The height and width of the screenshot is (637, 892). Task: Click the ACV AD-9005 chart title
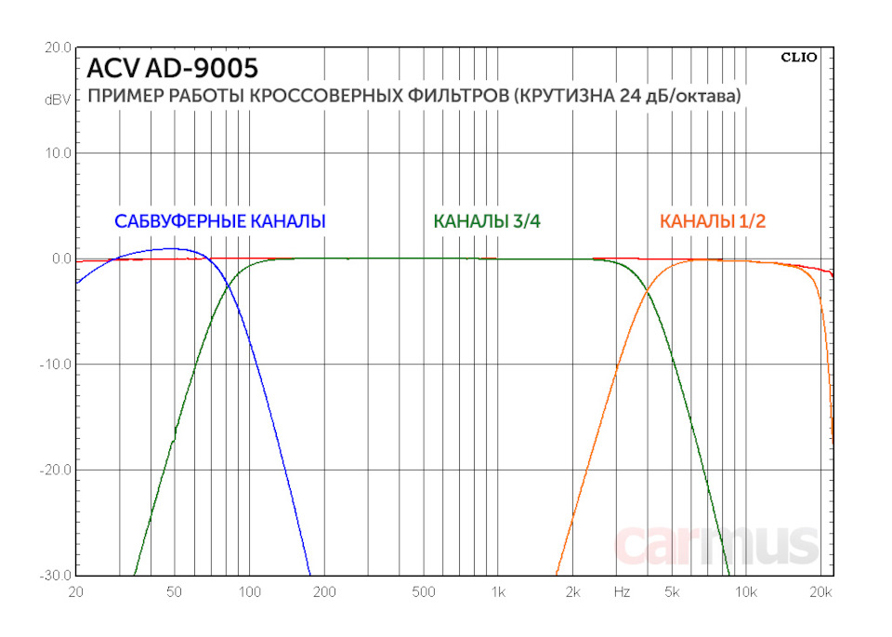(172, 69)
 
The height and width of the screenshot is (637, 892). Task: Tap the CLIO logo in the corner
(799, 57)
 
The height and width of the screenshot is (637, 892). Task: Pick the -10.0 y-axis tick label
(56, 365)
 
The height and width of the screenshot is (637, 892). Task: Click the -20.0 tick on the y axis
(56, 470)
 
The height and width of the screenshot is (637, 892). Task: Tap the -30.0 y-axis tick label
(56, 576)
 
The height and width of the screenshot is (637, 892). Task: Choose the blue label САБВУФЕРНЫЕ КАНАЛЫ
(219, 221)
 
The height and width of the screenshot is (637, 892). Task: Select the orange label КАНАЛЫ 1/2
(713, 221)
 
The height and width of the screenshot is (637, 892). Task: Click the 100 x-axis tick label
(249, 591)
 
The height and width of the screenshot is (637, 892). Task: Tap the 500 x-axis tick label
(424, 591)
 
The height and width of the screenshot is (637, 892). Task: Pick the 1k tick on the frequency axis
(498, 591)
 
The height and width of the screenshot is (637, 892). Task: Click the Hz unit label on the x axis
(622, 591)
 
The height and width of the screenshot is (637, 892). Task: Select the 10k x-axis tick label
(746, 591)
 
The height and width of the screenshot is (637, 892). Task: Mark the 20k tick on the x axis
(821, 591)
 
